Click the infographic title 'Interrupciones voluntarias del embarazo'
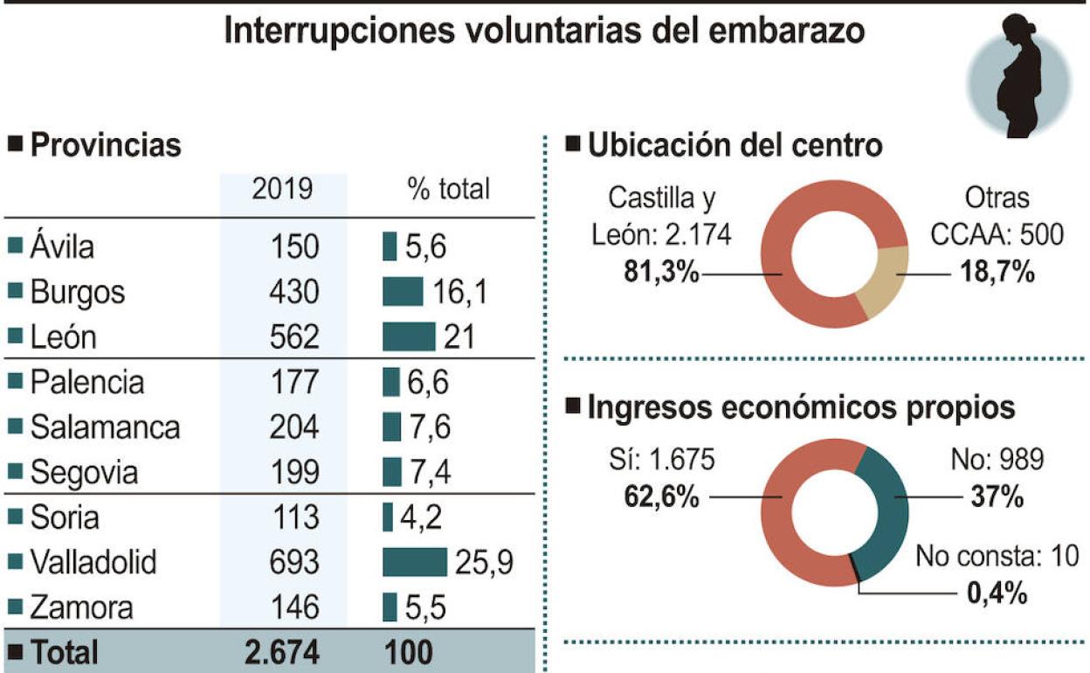click(544, 31)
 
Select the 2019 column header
click(282, 189)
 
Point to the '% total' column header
click(448, 189)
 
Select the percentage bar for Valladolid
click(414, 563)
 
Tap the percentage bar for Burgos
click(403, 292)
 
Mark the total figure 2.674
click(282, 652)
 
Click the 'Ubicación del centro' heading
click(735, 145)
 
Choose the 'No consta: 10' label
click(997, 556)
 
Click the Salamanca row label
click(104, 427)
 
